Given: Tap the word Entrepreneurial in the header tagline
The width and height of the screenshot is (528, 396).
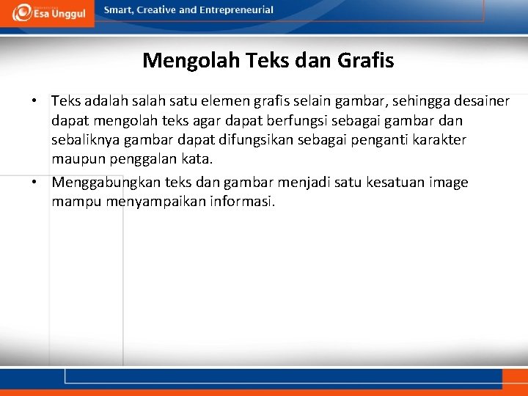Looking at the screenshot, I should point(235,10).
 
